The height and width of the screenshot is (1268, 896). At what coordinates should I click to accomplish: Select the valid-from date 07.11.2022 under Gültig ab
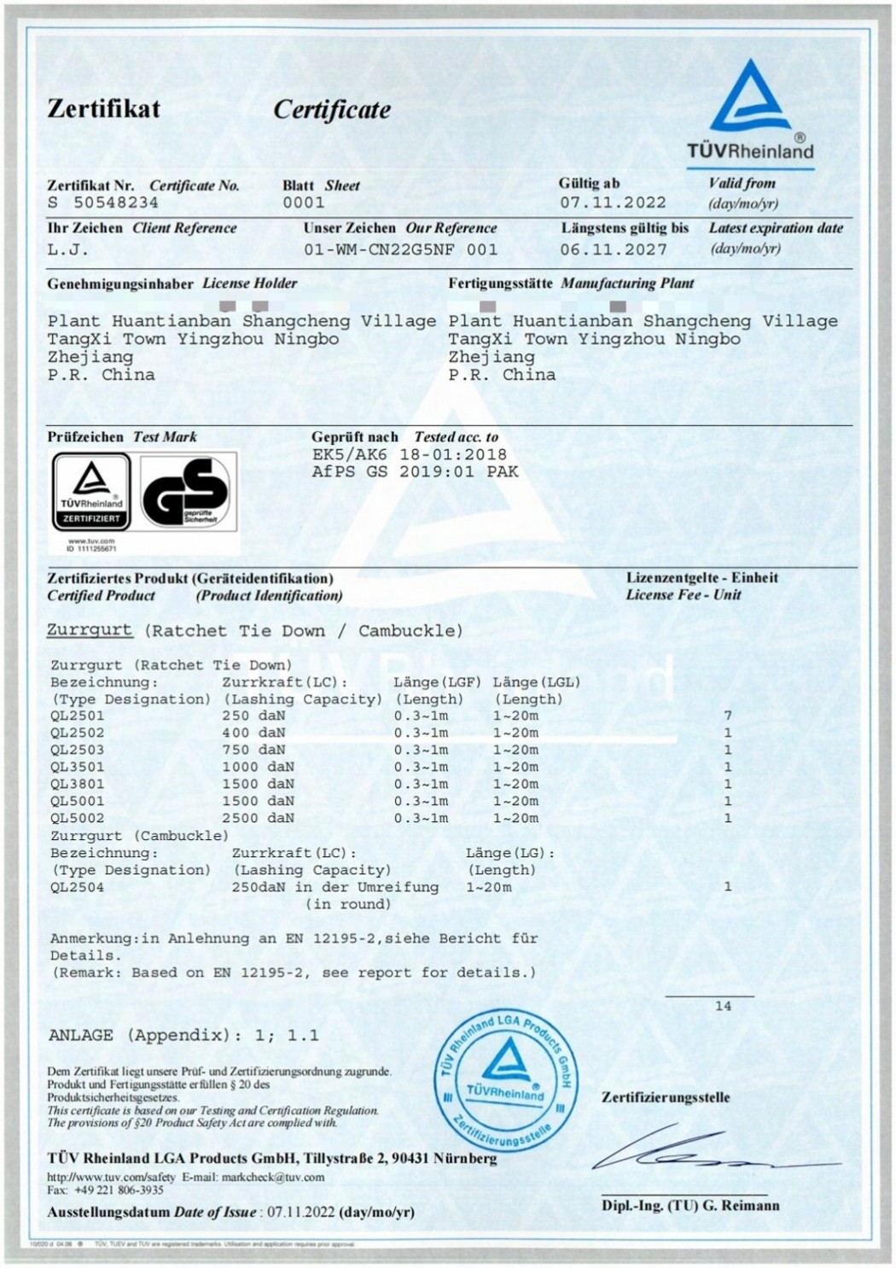coord(613,202)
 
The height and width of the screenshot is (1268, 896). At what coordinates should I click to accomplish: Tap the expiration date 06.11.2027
coord(613,249)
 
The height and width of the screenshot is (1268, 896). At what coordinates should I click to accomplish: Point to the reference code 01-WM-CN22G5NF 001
coord(400,249)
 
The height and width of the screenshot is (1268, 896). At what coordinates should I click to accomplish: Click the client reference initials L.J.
coord(68,249)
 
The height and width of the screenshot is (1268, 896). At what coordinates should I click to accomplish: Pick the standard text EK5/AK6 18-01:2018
coord(409,454)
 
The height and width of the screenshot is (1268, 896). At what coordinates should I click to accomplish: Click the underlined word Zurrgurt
coord(90,630)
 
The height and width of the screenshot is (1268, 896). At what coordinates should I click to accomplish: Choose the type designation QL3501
coord(77,767)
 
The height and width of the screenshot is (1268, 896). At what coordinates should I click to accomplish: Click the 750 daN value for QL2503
coord(253,750)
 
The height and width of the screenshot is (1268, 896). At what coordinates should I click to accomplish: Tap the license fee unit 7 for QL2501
coord(728,716)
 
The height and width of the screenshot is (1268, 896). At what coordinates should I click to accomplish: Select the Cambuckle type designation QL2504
coord(77,887)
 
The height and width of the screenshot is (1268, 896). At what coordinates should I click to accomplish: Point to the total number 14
coord(723,1006)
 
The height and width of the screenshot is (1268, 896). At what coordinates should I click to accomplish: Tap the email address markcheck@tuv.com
coord(273,1177)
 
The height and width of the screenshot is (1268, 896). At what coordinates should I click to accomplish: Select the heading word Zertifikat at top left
coord(103,108)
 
